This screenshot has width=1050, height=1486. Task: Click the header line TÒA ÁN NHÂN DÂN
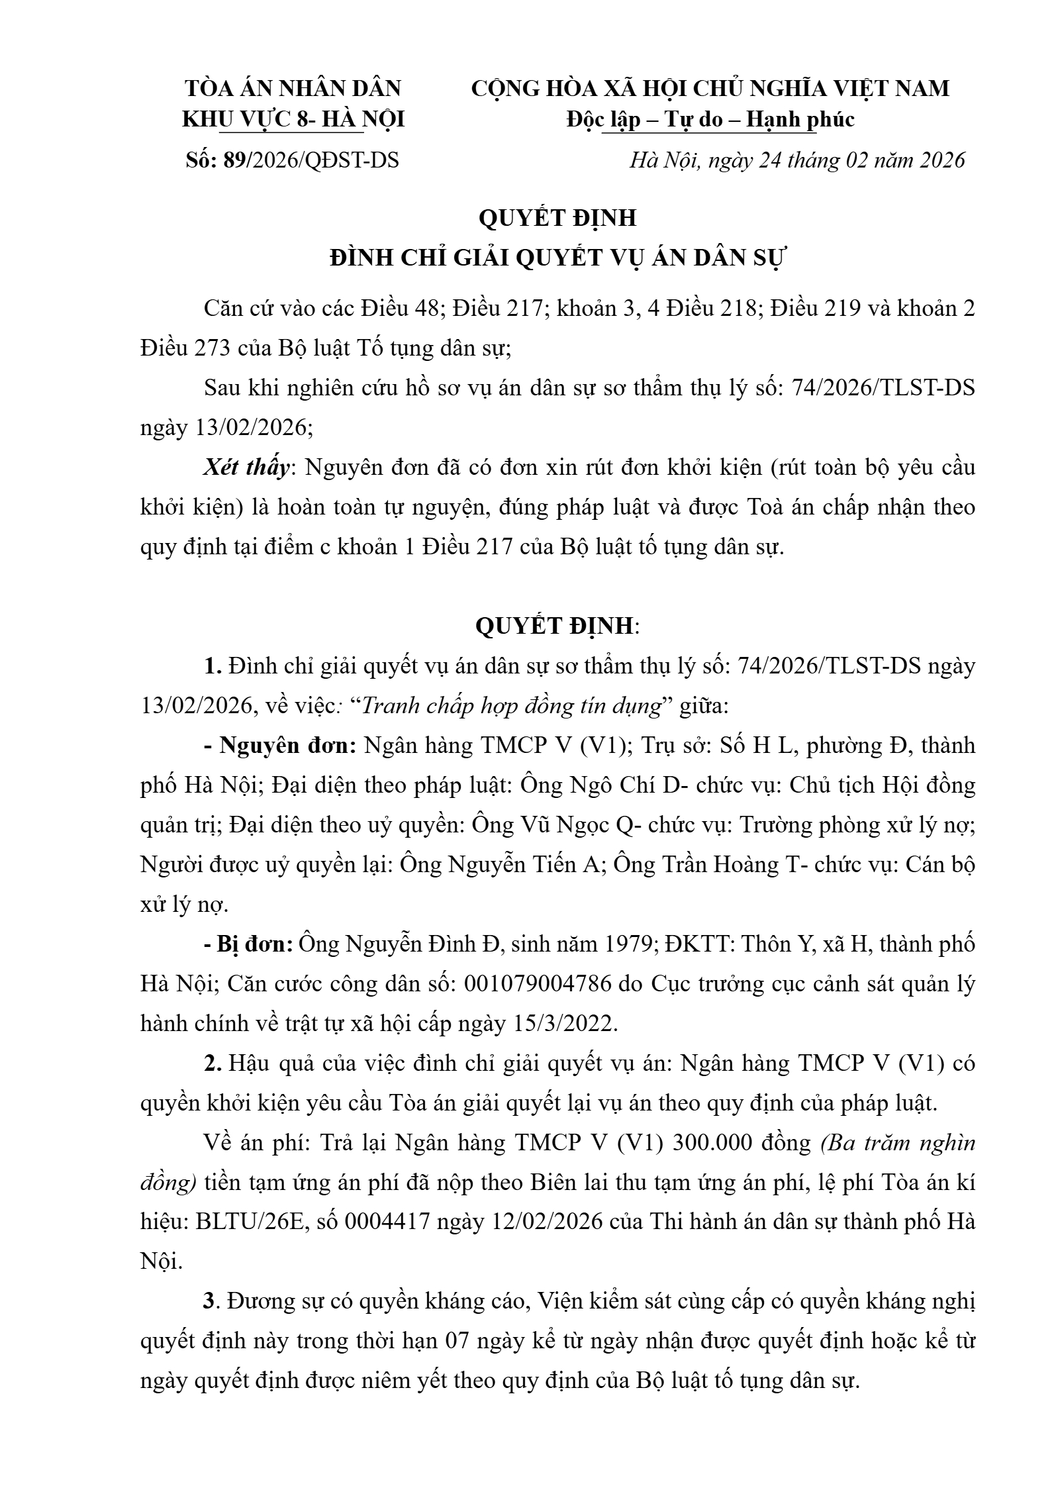click(x=293, y=89)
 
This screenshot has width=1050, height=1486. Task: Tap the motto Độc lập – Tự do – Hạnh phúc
click(x=710, y=120)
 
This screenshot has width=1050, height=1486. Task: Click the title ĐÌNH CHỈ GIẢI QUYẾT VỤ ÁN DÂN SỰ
click(x=557, y=258)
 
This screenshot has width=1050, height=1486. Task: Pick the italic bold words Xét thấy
click(x=246, y=468)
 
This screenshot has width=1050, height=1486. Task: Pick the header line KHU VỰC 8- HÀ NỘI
click(x=293, y=120)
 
